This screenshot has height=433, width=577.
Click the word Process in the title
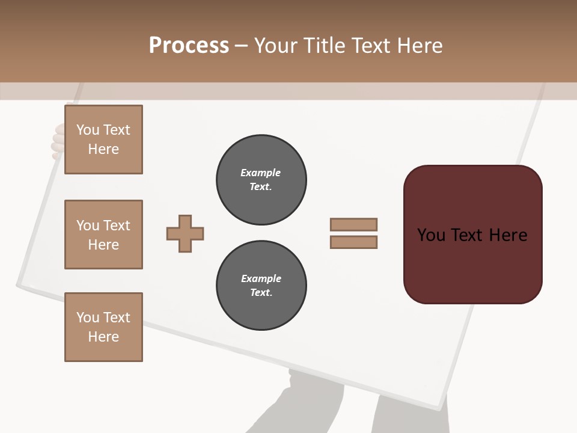pos(189,46)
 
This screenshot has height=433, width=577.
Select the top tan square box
pos(103,140)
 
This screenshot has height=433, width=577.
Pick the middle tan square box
pos(103,235)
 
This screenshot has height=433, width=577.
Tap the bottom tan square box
pos(103,327)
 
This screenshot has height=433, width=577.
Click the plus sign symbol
pos(185,234)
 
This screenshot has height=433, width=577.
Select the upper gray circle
pos(261,180)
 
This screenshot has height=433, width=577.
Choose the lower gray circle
pos(261,286)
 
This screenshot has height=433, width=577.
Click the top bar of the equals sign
pos(353,225)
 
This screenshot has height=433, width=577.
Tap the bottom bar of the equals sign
pos(353,242)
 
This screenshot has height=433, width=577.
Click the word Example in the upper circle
pos(260,173)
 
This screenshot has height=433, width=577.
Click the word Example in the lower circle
pos(261,278)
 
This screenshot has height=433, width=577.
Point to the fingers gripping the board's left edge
pos(58,142)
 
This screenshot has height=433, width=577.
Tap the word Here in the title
pos(420,46)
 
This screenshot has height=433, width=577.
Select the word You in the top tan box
pos(87,130)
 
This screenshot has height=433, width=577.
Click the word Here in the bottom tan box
pos(103,337)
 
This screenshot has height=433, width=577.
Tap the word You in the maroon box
pos(431,235)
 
